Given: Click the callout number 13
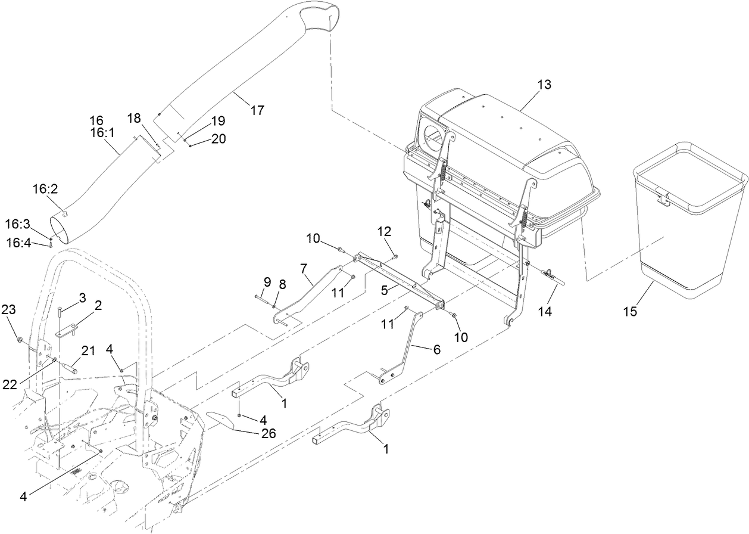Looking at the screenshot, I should [x=544, y=84].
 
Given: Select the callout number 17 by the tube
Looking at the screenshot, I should [x=257, y=110].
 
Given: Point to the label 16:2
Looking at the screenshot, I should [x=45, y=189].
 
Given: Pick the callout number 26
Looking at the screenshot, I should [x=269, y=434].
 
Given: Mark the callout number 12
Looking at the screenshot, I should [x=386, y=231].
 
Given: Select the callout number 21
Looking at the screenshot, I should [x=88, y=351].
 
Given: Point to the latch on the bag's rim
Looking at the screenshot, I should [x=661, y=196].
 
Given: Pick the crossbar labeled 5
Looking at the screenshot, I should [x=399, y=280].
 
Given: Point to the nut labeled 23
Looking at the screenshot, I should [x=21, y=340].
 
